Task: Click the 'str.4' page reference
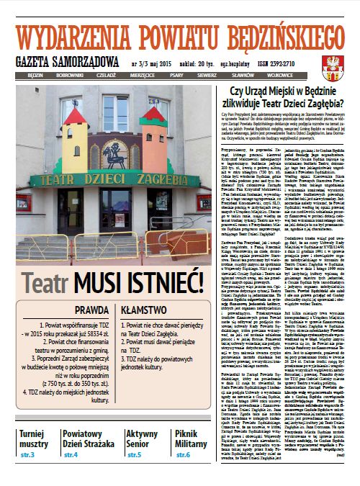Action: coord(71,455)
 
